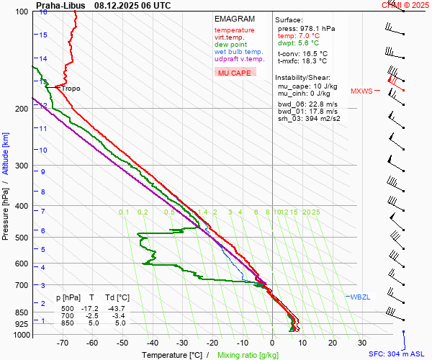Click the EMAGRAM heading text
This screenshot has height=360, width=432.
pos(235,19)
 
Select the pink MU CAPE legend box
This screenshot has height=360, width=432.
pos(235,73)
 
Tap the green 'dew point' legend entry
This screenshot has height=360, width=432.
pos(230,45)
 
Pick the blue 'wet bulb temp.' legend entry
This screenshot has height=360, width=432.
pos(239,52)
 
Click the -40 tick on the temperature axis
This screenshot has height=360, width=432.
pos(153,343)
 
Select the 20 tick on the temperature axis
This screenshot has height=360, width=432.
pos(332,343)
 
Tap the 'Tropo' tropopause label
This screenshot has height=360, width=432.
pos(70,89)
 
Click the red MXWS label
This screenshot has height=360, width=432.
pos(361,91)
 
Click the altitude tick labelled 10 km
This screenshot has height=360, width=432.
pos(43,150)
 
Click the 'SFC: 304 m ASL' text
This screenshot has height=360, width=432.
pos(397,354)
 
